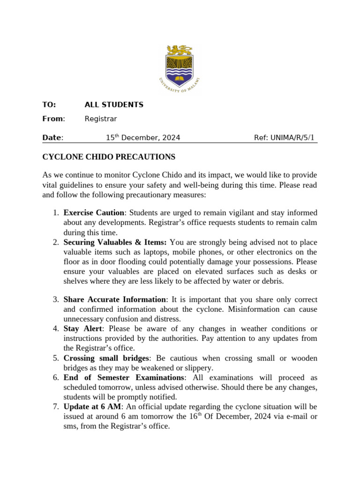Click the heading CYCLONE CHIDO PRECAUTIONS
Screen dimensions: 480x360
109,157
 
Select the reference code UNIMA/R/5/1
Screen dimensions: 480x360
285,137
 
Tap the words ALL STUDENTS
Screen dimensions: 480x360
114,105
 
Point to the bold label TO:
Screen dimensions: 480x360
49,105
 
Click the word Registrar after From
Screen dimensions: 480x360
100,119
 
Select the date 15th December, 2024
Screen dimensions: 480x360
142,137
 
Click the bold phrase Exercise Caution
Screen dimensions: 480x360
94,213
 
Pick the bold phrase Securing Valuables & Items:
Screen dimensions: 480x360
115,242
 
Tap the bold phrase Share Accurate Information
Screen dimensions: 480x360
114,300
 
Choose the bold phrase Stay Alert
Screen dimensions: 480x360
83,329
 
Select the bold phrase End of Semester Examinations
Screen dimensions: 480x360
123,378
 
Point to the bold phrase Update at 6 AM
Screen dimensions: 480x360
92,407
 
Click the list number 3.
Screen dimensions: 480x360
55,300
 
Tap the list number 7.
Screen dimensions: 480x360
55,407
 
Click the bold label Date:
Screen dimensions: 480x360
52,137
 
